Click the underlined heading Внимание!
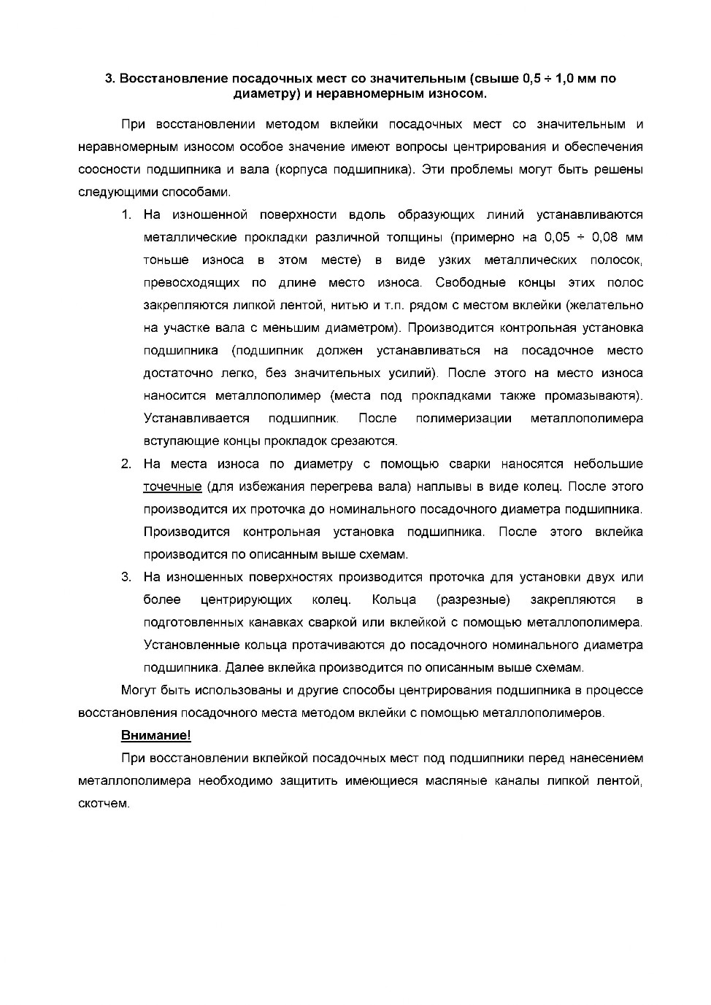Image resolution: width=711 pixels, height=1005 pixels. [x=155, y=735]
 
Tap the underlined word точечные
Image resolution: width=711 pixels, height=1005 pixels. [x=172, y=486]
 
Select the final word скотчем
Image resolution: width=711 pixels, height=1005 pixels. [x=104, y=804]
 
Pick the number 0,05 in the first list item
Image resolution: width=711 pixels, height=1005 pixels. [x=557, y=237]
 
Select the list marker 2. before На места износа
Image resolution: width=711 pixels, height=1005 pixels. [x=126, y=464]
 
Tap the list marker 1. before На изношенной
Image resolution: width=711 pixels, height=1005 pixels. [x=126, y=214]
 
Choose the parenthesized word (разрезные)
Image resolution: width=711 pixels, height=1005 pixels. [x=473, y=599]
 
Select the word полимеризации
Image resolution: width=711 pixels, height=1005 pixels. [x=464, y=418]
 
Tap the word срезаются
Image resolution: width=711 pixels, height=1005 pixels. [x=372, y=441]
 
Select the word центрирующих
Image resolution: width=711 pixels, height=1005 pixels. [x=246, y=599]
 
